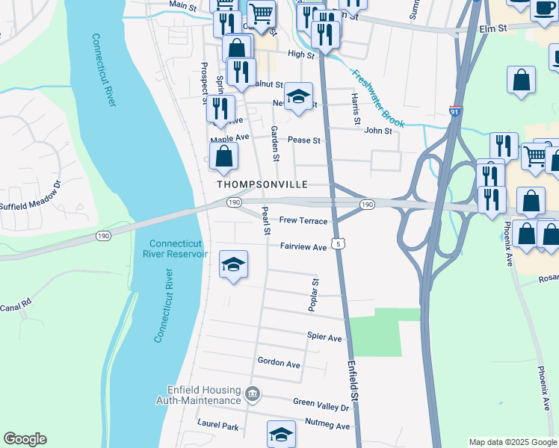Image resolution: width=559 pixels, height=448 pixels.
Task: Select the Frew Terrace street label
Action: (x=303, y=221)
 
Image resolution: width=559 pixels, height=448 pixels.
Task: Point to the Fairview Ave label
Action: (x=303, y=246)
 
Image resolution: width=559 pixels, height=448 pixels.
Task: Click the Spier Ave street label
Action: (x=324, y=337)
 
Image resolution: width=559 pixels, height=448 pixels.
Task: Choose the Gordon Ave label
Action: (x=278, y=363)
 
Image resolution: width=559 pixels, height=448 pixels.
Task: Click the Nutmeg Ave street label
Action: (x=327, y=426)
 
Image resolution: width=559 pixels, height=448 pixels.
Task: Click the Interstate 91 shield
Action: (x=455, y=111)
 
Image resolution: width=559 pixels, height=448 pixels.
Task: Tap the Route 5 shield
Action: (x=339, y=243)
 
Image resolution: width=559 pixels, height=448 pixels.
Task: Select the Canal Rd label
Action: (x=15, y=306)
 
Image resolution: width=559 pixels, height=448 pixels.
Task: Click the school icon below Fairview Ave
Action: (x=234, y=264)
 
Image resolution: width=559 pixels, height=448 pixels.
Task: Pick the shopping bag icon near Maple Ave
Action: (x=223, y=157)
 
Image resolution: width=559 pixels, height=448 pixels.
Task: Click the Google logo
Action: (x=25, y=439)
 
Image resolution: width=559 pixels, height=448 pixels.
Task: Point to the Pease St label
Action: (x=303, y=140)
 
